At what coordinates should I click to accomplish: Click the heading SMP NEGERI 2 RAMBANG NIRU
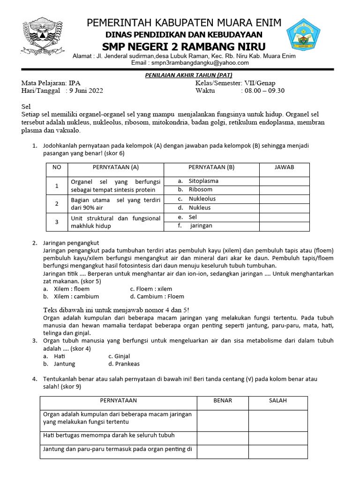click(x=184, y=46)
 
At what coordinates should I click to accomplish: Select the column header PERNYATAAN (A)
click(x=115, y=167)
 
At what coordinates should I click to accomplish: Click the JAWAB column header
click(x=285, y=167)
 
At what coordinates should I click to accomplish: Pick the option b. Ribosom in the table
click(x=195, y=190)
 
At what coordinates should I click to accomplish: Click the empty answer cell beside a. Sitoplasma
click(x=285, y=181)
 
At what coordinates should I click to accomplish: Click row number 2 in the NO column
click(x=57, y=203)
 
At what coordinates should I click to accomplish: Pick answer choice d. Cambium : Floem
click(x=157, y=296)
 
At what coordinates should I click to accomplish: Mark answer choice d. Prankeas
click(x=124, y=364)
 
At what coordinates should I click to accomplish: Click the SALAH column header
click(x=278, y=401)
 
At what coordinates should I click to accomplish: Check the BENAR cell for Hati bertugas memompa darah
click(x=223, y=436)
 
